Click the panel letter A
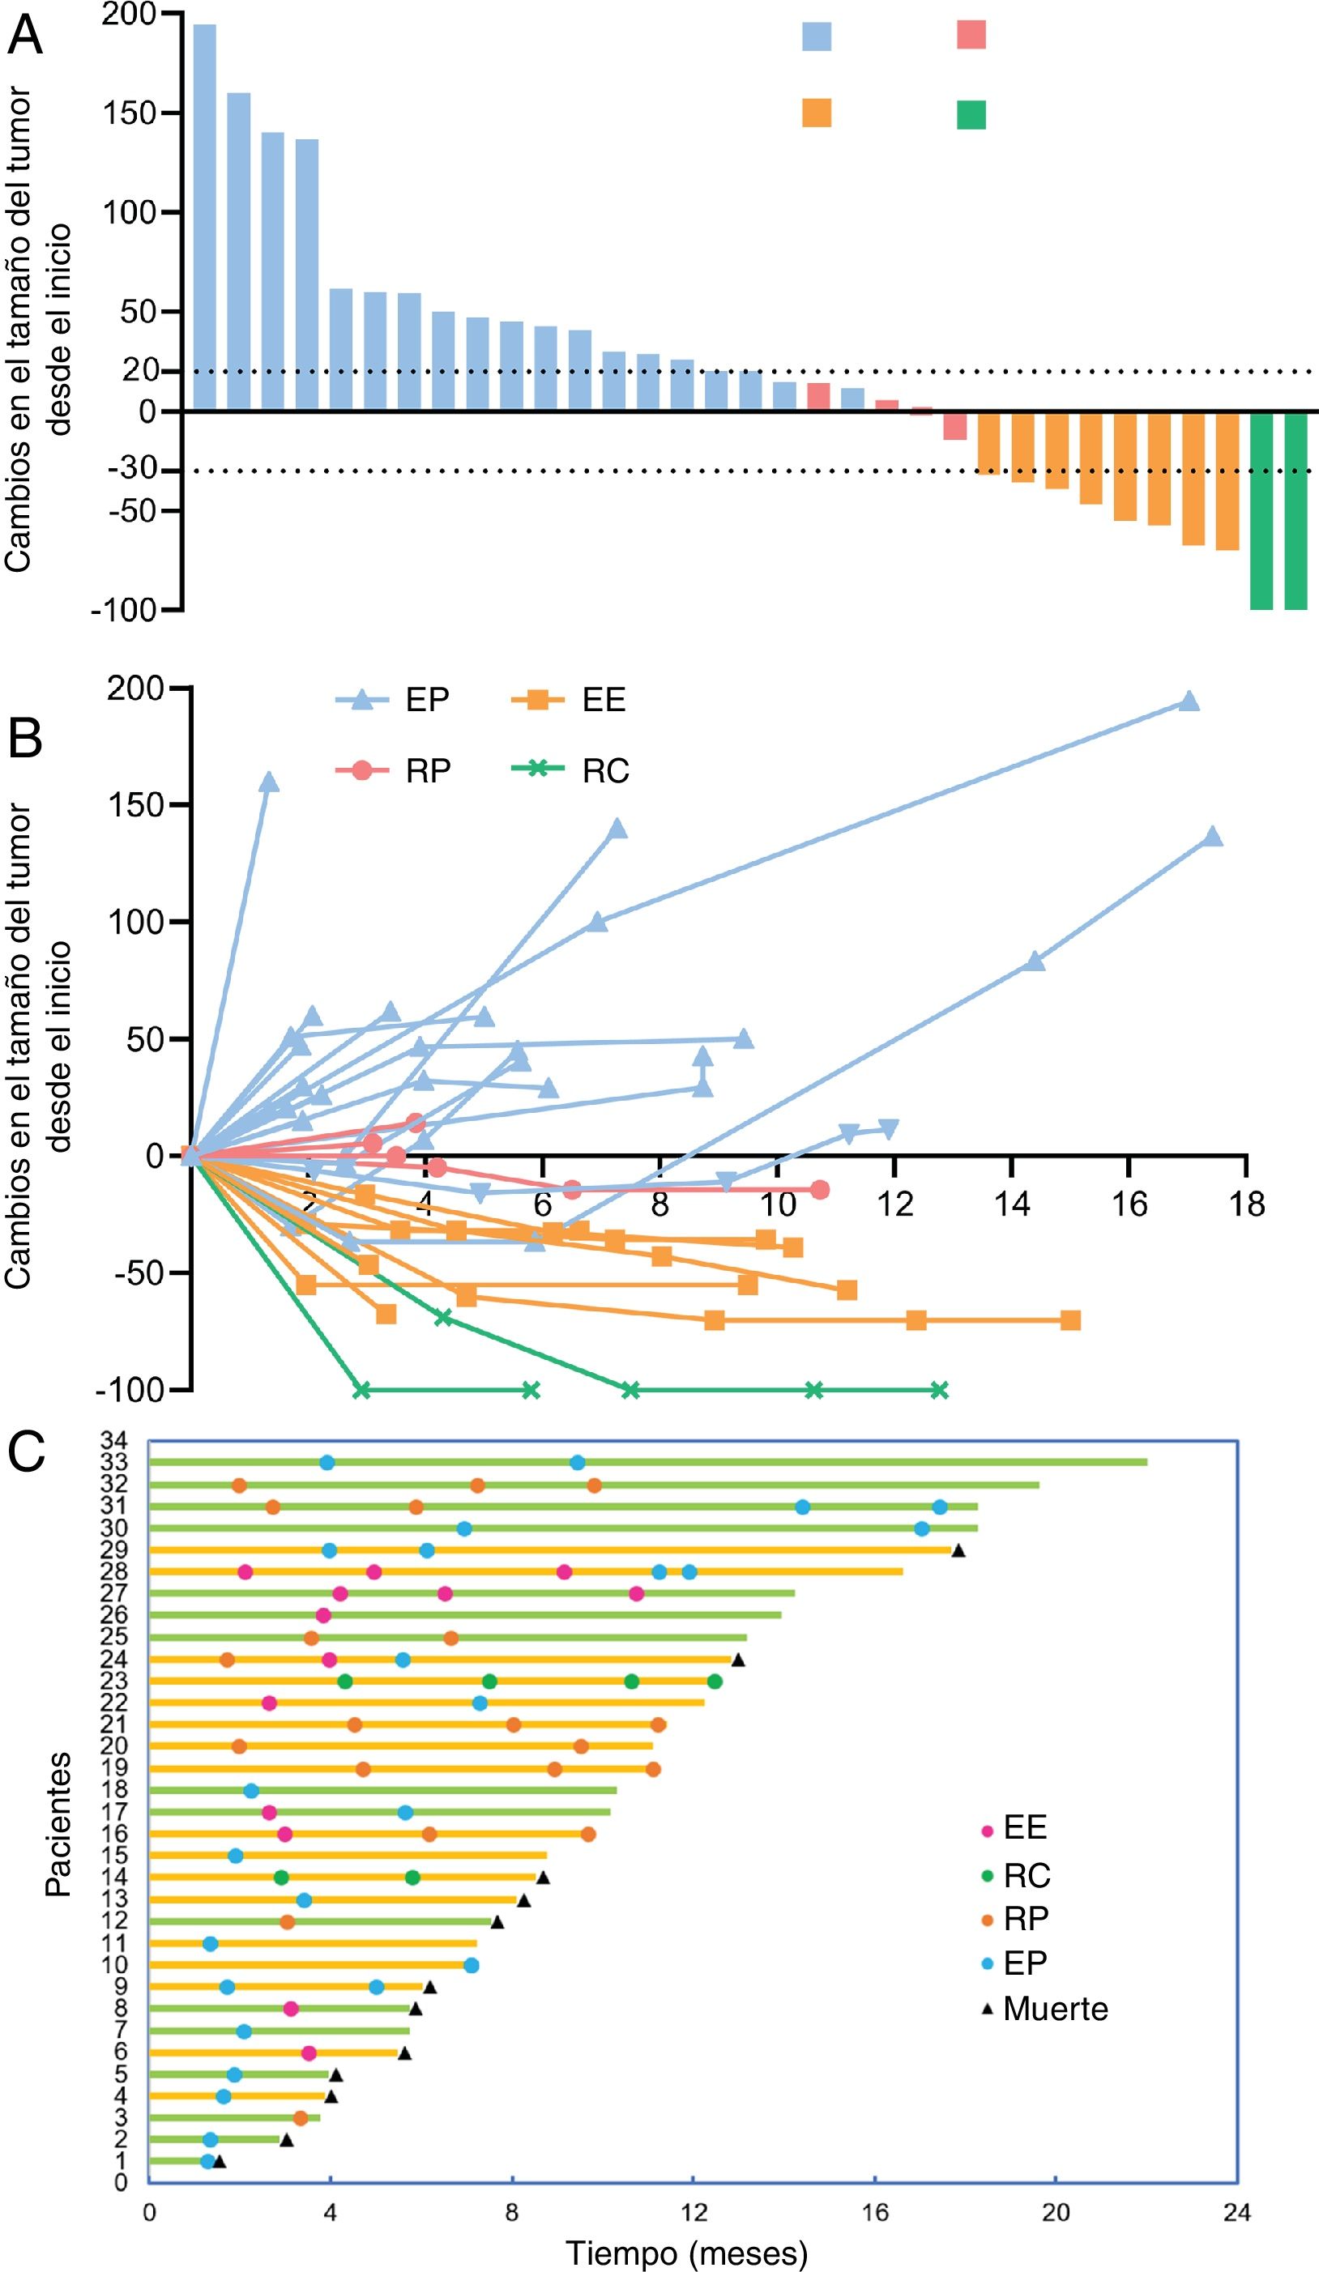pyautogui.click(x=24, y=36)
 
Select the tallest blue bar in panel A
pyautogui.click(x=205, y=216)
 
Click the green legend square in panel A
pyautogui.click(x=971, y=114)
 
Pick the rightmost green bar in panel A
pyautogui.click(x=1296, y=510)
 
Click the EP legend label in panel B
pyautogui.click(x=427, y=700)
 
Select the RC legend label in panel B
pyautogui.click(x=606, y=772)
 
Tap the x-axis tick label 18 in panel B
pyautogui.click(x=1247, y=1204)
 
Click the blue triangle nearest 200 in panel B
pyautogui.click(x=1189, y=701)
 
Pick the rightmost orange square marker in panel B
pyautogui.click(x=1070, y=1321)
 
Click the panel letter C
pyautogui.click(x=26, y=1452)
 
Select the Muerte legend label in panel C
pyautogui.click(x=1056, y=2010)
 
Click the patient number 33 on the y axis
pyautogui.click(x=114, y=1461)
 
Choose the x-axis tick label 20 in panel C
pyautogui.click(x=1056, y=2213)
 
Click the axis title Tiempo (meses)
pyautogui.click(x=687, y=2253)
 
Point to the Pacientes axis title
pyautogui.click(x=58, y=1825)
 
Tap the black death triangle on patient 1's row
pyautogui.click(x=219, y=2161)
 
